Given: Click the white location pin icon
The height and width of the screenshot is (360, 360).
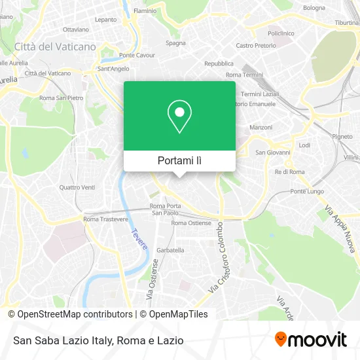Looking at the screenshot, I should click(x=179, y=116).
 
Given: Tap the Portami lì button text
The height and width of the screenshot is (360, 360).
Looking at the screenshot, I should click(x=179, y=160).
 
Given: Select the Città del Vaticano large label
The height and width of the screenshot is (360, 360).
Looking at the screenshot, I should click(x=55, y=47).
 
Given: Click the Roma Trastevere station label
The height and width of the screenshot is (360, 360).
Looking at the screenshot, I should click(x=105, y=219).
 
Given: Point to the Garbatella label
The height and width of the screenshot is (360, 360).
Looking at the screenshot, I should click(x=170, y=250).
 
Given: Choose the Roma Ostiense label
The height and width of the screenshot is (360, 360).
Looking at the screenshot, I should click(x=191, y=223).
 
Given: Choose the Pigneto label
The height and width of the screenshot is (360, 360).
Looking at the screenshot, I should click(x=342, y=137).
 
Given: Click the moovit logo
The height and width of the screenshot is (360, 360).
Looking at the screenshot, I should click(x=310, y=339).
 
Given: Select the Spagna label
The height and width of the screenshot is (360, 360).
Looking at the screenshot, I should click(x=175, y=43).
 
